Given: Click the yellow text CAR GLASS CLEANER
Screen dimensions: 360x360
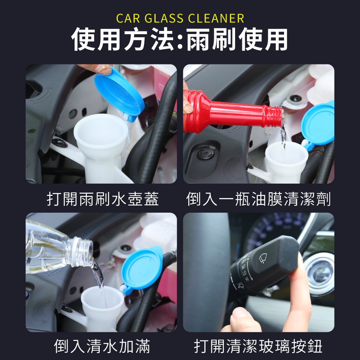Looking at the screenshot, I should click(180, 18).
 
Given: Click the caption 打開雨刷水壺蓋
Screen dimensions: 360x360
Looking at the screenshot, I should click(103, 199).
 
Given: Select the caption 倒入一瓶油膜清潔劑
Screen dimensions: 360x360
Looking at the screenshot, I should click(258, 199).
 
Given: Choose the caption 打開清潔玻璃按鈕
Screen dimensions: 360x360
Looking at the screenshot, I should click(258, 346).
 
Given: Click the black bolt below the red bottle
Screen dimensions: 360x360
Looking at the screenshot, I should click(206, 154).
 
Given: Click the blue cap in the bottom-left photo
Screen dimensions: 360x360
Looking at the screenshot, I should click(142, 268).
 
